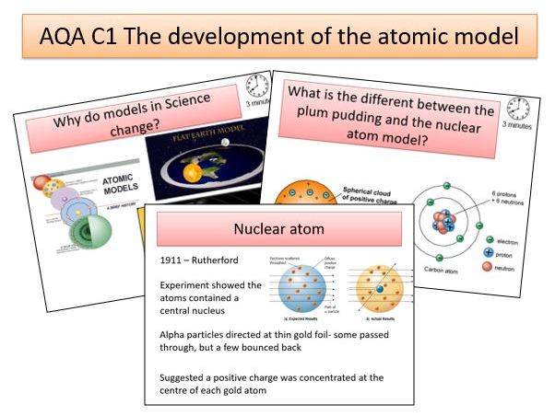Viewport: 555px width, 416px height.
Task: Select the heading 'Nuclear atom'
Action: pyautogui.click(x=277, y=228)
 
